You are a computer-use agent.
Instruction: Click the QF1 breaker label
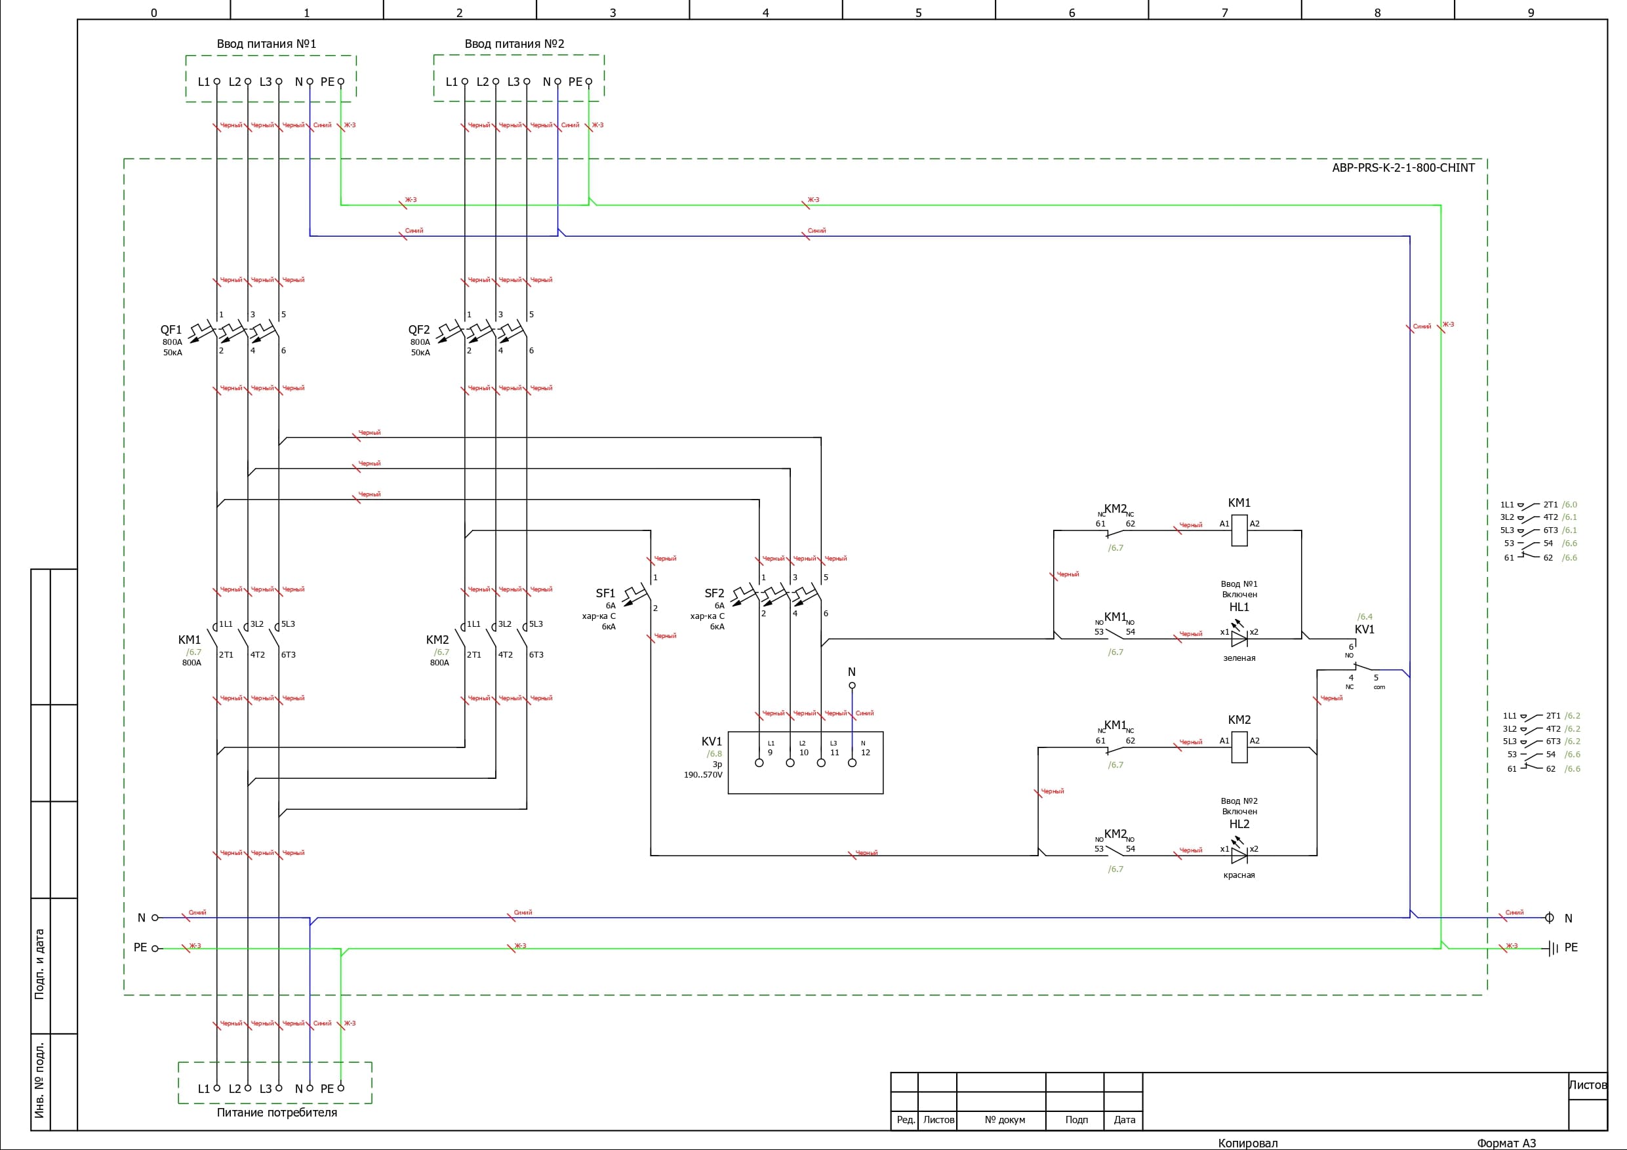pyautogui.click(x=171, y=330)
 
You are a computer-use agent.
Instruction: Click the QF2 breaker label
pyautogui.click(x=419, y=330)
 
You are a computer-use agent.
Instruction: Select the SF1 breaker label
pyautogui.click(x=605, y=593)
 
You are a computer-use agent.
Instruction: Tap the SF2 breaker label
pyautogui.click(x=714, y=593)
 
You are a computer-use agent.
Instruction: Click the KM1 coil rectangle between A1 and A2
pyautogui.click(x=1239, y=530)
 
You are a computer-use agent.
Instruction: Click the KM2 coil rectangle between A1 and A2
pyautogui.click(x=1239, y=747)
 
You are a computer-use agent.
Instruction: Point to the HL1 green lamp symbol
pyautogui.click(x=1239, y=639)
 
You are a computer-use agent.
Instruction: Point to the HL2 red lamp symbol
pyautogui.click(x=1239, y=855)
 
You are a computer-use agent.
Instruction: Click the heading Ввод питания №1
pyautogui.click(x=266, y=44)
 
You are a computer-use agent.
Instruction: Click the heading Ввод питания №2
pyautogui.click(x=514, y=44)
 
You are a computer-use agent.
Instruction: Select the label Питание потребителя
pyautogui.click(x=276, y=1113)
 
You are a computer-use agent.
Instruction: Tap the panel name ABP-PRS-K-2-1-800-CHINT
pyautogui.click(x=1403, y=168)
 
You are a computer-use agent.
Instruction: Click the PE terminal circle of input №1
pyautogui.click(x=341, y=81)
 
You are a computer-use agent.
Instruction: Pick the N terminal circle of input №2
pyautogui.click(x=557, y=81)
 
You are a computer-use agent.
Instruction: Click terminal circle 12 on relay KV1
pyautogui.click(x=852, y=763)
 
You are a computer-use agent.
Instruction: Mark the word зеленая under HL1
pyautogui.click(x=1239, y=658)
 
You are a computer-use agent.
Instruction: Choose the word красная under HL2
pyautogui.click(x=1239, y=875)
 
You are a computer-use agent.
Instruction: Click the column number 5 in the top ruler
pyautogui.click(x=918, y=12)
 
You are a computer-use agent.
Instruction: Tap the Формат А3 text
pyautogui.click(x=1506, y=1143)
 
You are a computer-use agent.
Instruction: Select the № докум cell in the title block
pyautogui.click(x=1005, y=1120)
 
